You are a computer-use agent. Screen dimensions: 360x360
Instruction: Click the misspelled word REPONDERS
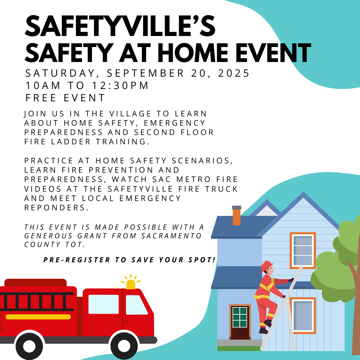(x=56, y=207)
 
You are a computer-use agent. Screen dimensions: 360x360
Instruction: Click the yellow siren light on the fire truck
(x=131, y=284)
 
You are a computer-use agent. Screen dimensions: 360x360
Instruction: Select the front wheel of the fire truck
(x=124, y=345)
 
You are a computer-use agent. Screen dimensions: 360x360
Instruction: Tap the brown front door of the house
(x=240, y=322)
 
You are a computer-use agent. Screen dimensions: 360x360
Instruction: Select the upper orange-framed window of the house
(x=303, y=250)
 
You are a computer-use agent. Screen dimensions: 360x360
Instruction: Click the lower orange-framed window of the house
(x=303, y=315)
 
